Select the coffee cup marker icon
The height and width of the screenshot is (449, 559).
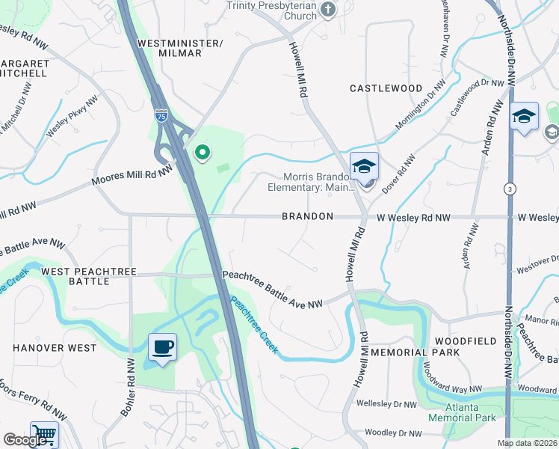[162, 347]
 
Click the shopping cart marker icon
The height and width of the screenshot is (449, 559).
[45, 435]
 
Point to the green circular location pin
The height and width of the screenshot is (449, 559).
[202, 153]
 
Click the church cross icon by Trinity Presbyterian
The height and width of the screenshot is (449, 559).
[327, 10]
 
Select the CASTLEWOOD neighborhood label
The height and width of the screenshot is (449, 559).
[386, 88]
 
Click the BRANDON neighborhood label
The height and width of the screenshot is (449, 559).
[307, 216]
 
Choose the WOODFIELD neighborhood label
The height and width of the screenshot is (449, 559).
[472, 341]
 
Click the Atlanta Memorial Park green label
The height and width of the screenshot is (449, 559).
[462, 412]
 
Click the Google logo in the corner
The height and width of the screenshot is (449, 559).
[23, 440]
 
